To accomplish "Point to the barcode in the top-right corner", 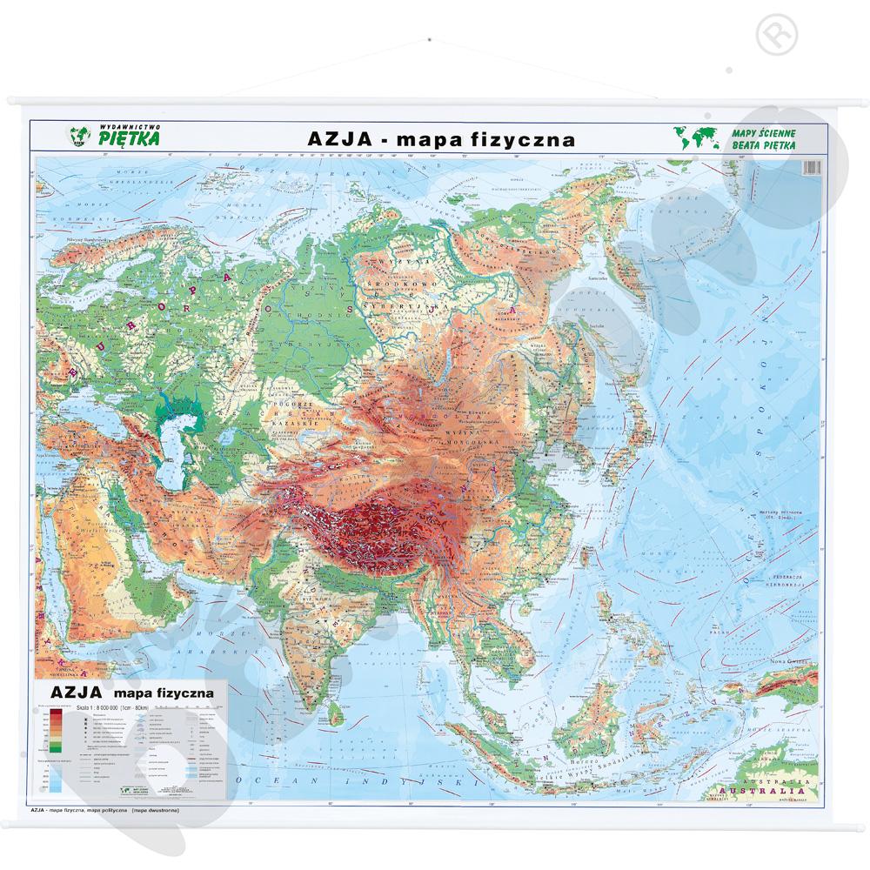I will pyautogui.click(x=812, y=167).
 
